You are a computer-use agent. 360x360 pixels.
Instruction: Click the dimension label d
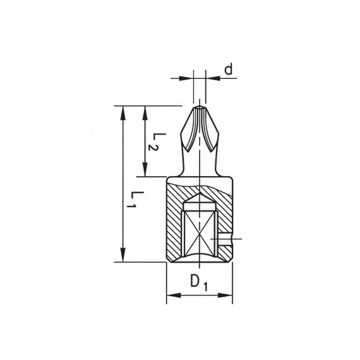pos(229,69)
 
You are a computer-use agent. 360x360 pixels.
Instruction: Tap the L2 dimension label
pos(157,141)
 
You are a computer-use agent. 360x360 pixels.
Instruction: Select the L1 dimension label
pos(135,200)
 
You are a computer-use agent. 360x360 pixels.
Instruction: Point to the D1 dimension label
pos(199,283)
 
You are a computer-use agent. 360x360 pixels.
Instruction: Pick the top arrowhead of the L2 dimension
pos(145,113)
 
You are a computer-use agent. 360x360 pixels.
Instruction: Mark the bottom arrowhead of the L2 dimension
pos(145,169)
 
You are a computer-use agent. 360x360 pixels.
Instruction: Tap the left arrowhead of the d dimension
pos(186,78)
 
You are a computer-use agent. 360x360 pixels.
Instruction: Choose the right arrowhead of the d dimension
pos(213,78)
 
